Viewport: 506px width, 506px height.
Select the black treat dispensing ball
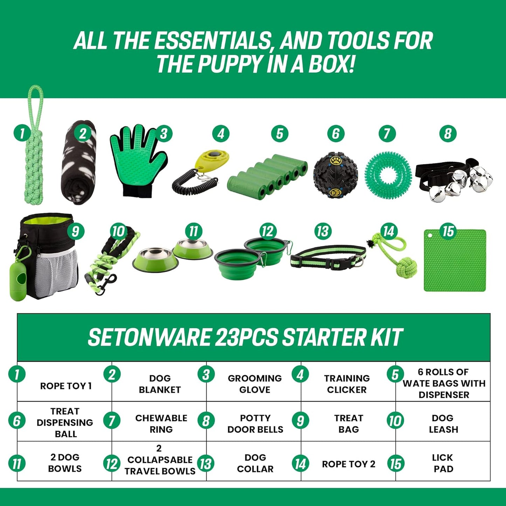point(335,175)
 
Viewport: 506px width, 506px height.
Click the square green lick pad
point(455,261)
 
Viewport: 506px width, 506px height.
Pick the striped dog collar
point(328,256)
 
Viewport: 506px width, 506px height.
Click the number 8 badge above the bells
point(448,134)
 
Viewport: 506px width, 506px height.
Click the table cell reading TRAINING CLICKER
point(347,384)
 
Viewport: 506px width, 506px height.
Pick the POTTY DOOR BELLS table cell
point(255,423)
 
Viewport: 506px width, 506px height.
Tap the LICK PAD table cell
point(443,463)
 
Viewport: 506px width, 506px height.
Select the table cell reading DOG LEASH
point(443,423)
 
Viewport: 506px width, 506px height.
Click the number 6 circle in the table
point(17,421)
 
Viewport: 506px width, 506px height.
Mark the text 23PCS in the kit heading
point(247,337)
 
